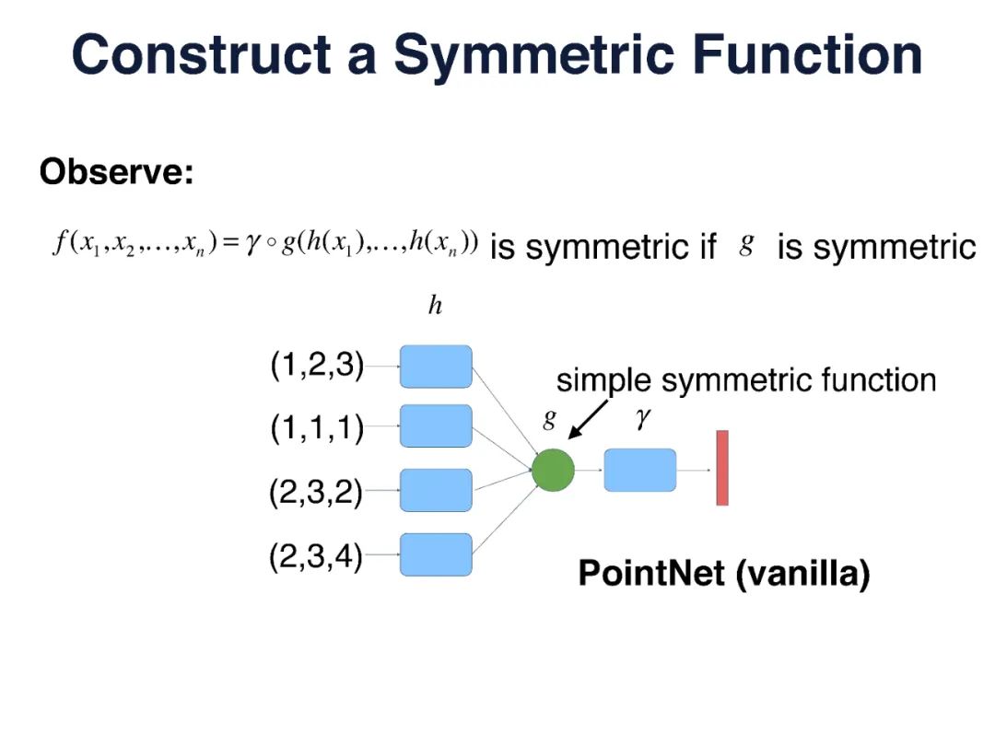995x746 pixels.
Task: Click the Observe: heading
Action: [117, 172]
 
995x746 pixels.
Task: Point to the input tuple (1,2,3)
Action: [317, 366]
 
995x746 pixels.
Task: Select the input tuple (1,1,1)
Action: [317, 427]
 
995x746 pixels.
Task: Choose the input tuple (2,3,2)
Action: [316, 494]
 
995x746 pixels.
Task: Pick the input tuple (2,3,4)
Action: [316, 556]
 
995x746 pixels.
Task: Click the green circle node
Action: [553, 470]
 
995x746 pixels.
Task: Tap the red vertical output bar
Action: [722, 468]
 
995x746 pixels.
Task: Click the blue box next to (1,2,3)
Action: [436, 367]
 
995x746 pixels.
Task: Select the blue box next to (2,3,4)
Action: [436, 554]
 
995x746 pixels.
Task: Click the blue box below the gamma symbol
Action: [639, 470]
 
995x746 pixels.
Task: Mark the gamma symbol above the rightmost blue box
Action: [642, 419]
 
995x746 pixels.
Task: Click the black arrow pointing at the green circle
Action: [588, 420]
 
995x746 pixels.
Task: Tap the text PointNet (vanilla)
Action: [723, 574]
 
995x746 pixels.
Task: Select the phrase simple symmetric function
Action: [746, 379]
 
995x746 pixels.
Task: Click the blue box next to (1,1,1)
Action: [436, 426]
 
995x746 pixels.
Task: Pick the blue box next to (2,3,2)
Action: [436, 490]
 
